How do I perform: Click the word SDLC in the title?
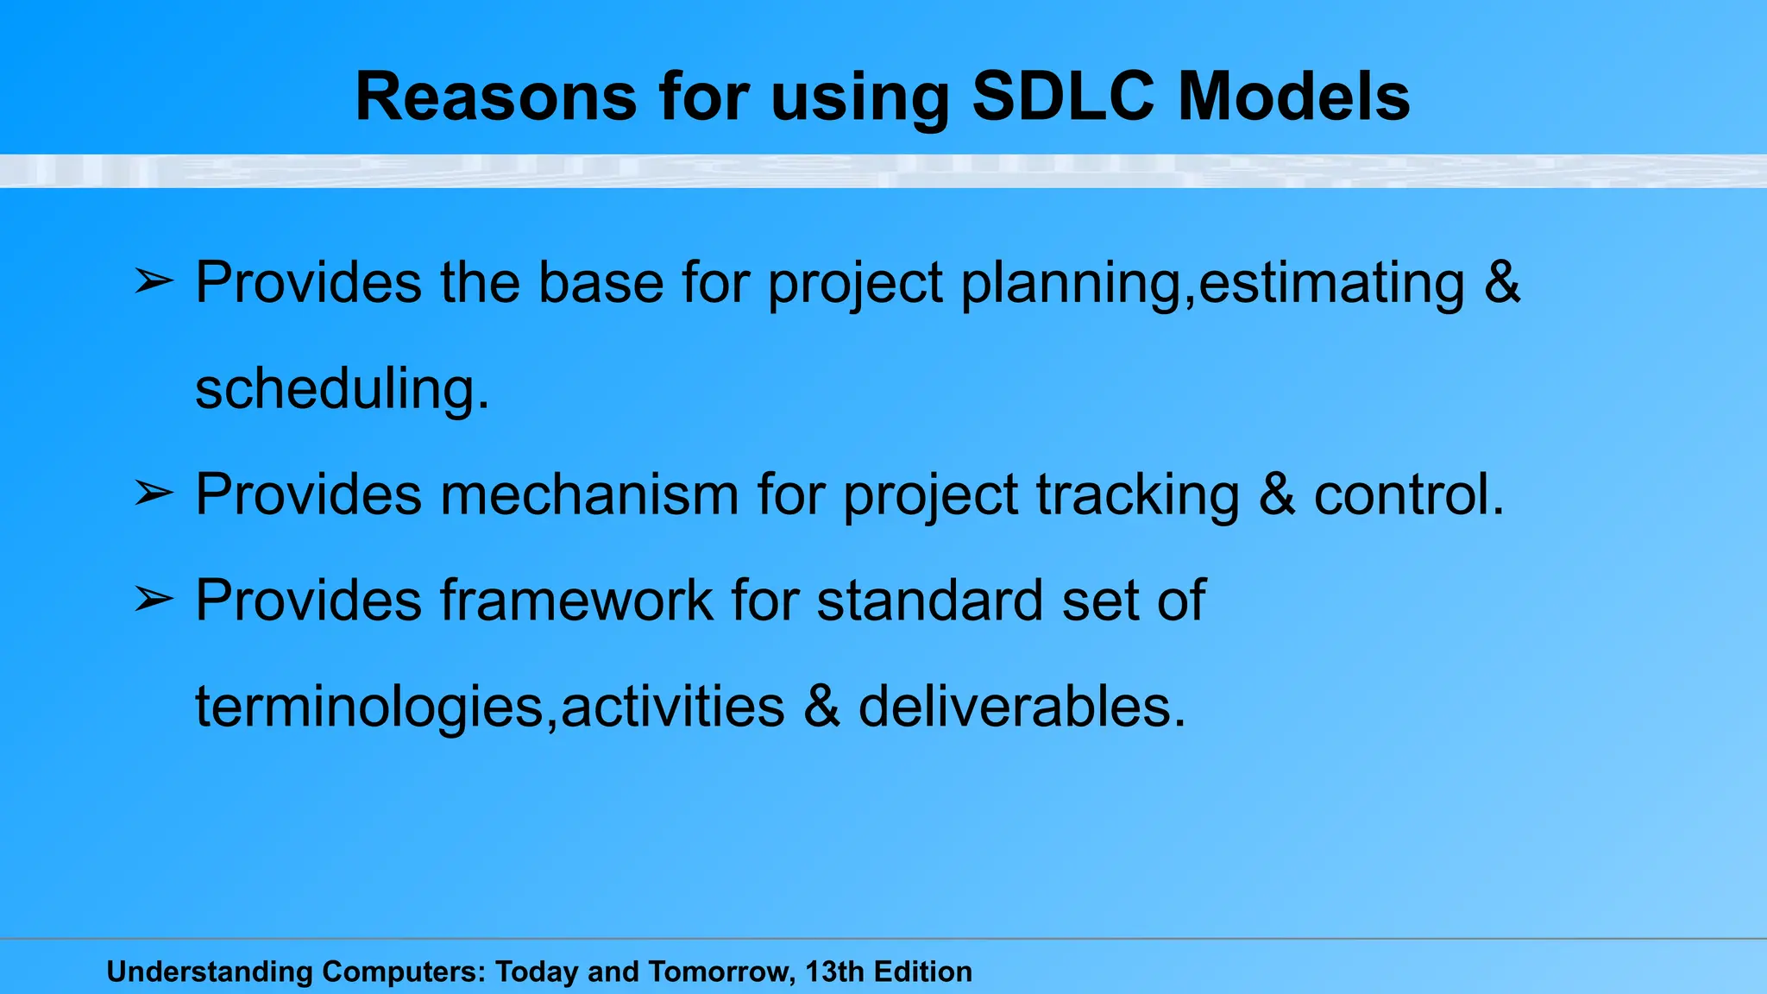click(x=1062, y=96)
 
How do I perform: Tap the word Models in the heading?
click(x=1294, y=96)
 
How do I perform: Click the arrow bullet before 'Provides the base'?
click(x=154, y=281)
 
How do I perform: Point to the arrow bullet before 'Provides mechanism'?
click(x=154, y=494)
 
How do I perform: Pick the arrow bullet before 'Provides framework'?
click(x=154, y=600)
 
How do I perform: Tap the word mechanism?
click(x=589, y=494)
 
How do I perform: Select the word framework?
click(x=576, y=601)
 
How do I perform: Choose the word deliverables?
click(x=1022, y=707)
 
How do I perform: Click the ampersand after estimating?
click(x=1502, y=282)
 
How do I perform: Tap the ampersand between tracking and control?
click(x=1277, y=494)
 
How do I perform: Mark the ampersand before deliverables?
click(x=821, y=707)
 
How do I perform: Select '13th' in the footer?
click(x=834, y=972)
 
